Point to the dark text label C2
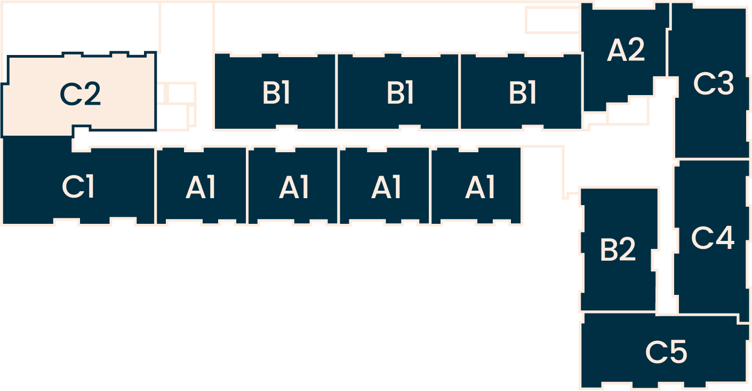(81, 94)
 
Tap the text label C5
(666, 351)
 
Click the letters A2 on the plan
(626, 51)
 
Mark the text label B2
(618, 249)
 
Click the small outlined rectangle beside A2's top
(552, 20)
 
